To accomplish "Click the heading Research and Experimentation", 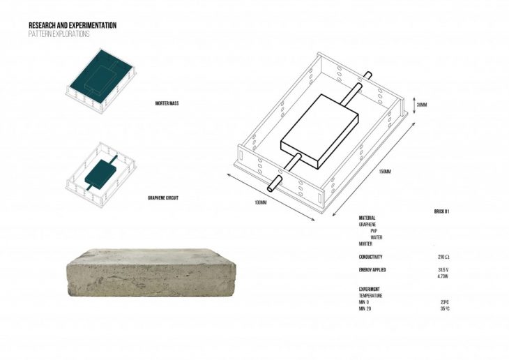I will (x=73, y=25).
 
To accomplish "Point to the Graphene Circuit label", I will (x=164, y=198).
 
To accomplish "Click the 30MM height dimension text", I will (x=421, y=105).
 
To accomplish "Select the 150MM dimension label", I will (x=385, y=172).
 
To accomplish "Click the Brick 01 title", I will (x=441, y=211).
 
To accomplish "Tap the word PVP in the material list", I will (x=374, y=231).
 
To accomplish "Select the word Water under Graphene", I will (x=377, y=237).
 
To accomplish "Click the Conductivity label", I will (x=370, y=257).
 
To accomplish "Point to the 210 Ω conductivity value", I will (x=443, y=257).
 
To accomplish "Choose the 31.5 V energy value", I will (x=443, y=269).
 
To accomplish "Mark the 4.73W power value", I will (x=443, y=276).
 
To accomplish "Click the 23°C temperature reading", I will (x=445, y=302).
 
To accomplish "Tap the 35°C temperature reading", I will (x=445, y=308).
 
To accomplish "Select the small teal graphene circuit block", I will (x=100, y=174).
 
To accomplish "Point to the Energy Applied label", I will (x=372, y=269).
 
